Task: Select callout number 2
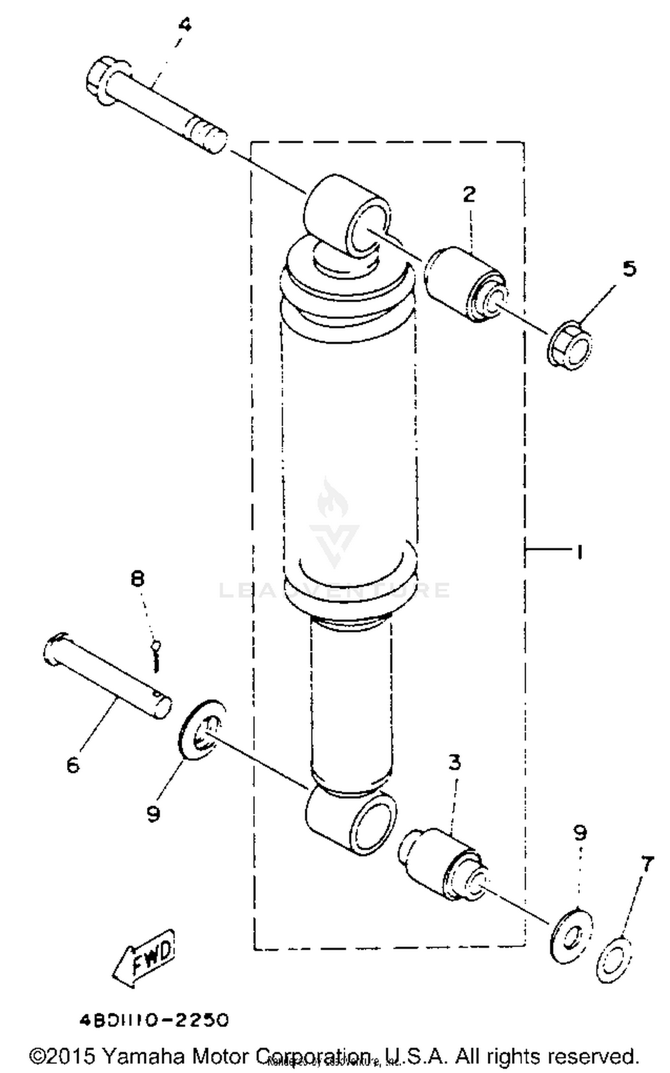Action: (x=469, y=194)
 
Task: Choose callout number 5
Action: (x=629, y=268)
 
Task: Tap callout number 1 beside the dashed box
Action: (x=579, y=552)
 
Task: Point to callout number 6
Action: (x=73, y=765)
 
